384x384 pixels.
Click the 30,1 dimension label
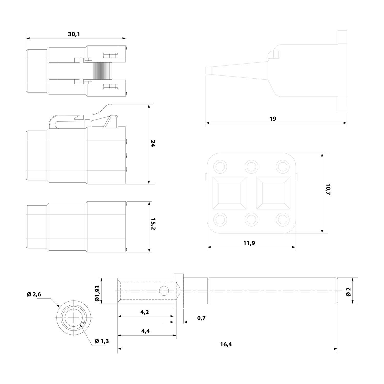pos(74,34)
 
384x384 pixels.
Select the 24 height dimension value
pos(153,144)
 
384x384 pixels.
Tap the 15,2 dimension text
pos(153,224)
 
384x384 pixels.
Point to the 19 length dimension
pos(273,119)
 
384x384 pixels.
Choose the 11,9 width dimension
pos(249,243)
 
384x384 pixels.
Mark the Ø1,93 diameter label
pos(98,291)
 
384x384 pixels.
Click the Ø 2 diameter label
pos(348,291)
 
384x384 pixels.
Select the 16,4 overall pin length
pos(226,344)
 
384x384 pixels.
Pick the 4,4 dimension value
pos(145,331)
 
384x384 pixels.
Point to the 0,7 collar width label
pos(201,318)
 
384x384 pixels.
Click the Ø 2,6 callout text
pos(34,294)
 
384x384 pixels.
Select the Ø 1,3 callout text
pos(102,341)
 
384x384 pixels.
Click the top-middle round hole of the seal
pos(251,167)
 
